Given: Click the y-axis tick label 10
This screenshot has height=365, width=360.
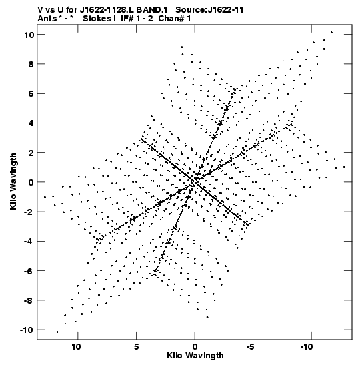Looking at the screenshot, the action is pos(29,35).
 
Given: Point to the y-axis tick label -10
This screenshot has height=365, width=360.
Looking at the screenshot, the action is pos(27,330).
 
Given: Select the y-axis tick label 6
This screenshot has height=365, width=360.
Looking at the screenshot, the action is pos(31,93).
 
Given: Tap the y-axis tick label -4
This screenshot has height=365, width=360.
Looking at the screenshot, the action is pos(29,241).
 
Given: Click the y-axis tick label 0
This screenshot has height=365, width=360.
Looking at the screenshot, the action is pos(31,182).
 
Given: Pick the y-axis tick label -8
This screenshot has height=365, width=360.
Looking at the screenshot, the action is pos(29,300).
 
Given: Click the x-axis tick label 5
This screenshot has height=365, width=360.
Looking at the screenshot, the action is pos(136,347).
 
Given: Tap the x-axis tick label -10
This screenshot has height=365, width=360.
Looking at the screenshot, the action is pos(307,347).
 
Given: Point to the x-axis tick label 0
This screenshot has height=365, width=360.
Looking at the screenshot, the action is pos(195,347).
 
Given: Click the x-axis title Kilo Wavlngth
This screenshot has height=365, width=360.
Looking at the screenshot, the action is pos(195,356).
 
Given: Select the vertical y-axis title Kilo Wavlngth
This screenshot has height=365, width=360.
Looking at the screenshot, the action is pos(13,181).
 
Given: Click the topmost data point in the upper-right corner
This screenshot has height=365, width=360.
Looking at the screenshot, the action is pos(331,32).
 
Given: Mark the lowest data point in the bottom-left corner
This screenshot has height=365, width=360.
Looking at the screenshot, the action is pos(58,332).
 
